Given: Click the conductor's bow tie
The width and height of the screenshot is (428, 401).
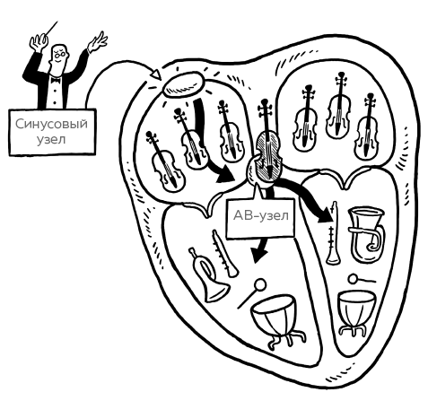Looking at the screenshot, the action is coord(56,80).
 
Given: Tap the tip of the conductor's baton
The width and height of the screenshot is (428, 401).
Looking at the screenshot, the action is coord(57,22).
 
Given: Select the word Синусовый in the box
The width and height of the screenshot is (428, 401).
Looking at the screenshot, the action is coord(51,124).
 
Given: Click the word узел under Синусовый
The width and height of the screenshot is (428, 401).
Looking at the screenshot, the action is coord(51,139).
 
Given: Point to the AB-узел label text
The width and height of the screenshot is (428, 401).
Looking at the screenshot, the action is coord(261,215).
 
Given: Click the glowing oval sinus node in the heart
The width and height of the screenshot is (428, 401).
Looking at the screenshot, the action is coord(183,84).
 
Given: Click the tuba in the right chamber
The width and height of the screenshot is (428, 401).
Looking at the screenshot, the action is coord(367,234).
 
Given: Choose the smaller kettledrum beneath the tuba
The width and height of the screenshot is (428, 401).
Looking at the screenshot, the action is coord(356,312).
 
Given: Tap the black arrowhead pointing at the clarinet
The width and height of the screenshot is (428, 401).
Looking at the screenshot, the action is coord(325,214).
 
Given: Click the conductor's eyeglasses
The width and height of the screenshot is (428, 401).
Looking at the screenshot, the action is coord(61,54).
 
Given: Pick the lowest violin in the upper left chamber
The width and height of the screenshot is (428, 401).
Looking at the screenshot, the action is coord(166,163).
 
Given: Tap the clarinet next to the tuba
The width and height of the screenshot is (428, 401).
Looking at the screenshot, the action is coord(333,234).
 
